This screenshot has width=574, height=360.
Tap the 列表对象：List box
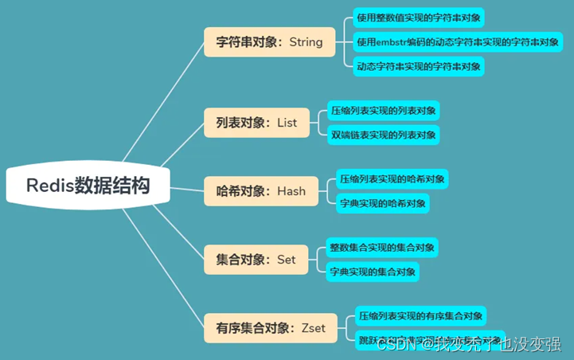[x=256, y=123]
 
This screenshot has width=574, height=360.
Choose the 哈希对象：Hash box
[x=260, y=191]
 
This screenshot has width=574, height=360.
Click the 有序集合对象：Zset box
[x=271, y=327]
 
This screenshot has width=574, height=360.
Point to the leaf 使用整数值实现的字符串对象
[x=419, y=18]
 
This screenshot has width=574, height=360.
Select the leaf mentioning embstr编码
[x=458, y=41]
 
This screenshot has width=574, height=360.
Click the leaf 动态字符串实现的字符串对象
[x=419, y=66]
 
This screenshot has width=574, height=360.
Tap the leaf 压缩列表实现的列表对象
[x=384, y=111]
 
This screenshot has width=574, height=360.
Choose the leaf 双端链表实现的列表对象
[x=384, y=135]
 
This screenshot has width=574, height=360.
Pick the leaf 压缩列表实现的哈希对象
[x=392, y=178]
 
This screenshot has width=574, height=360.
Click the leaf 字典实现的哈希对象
[x=382, y=203]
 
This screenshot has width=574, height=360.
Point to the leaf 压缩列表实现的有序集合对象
[x=420, y=316]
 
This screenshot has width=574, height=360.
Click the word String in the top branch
[x=307, y=42]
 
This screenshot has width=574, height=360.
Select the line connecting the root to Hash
[x=185, y=190]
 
